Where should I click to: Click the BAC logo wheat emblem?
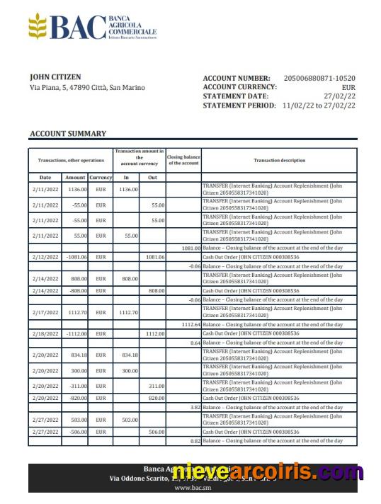(39, 27)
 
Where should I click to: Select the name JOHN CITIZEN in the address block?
(55, 76)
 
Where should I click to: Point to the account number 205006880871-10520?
(319, 78)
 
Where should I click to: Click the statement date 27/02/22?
(339, 96)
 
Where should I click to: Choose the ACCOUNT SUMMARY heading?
(68, 133)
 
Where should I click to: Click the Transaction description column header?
(279, 161)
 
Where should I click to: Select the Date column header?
(45, 177)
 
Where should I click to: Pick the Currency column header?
(101, 177)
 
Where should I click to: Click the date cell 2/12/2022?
(45, 257)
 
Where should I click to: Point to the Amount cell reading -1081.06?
(75, 257)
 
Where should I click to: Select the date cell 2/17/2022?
(45, 312)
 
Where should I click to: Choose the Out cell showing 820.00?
(156, 398)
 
